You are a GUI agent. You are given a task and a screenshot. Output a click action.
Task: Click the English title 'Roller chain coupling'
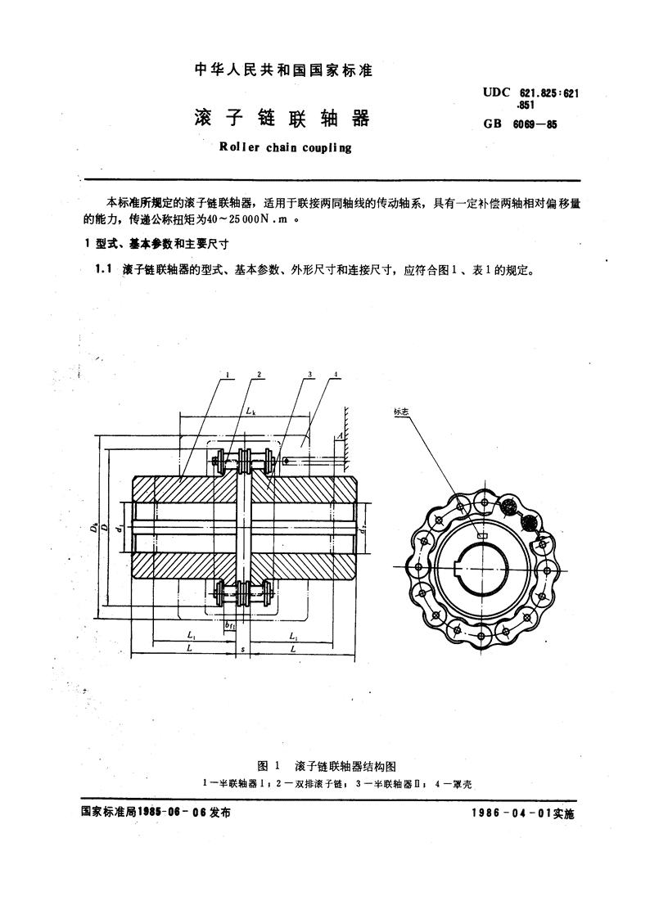point(285,147)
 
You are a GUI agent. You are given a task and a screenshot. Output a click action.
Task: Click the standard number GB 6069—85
point(520,124)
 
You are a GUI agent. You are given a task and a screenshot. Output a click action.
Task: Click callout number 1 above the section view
point(227,374)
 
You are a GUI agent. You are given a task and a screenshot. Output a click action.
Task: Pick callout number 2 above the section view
point(259,374)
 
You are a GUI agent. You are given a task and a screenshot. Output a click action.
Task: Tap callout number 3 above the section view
point(309,374)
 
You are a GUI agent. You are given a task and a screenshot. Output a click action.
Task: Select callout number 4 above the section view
point(335,374)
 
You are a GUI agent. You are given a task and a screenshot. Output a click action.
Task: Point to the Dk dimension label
point(94,528)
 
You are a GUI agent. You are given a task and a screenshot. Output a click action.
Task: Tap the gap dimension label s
point(242,650)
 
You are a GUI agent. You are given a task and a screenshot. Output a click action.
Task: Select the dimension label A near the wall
point(339,435)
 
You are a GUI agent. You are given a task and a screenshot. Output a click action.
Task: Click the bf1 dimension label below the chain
point(230,626)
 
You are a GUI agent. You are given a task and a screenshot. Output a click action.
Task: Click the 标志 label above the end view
point(401,412)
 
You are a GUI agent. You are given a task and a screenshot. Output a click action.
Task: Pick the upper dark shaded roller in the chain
point(508,505)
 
